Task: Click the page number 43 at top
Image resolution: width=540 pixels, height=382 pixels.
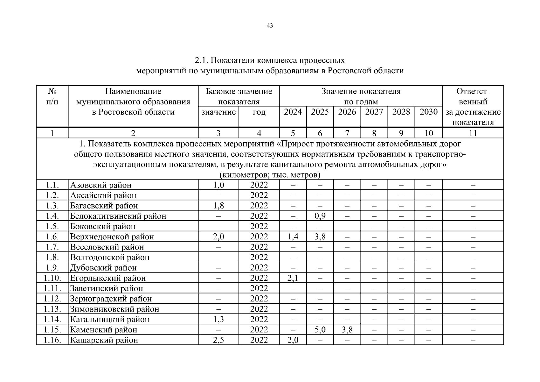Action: [270, 26]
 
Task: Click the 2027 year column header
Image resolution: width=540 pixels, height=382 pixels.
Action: [374, 112]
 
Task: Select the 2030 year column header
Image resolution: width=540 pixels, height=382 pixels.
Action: [428, 112]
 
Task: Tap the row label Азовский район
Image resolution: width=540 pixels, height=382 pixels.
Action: [100, 185]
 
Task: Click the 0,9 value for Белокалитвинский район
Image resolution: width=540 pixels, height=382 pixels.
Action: [320, 216]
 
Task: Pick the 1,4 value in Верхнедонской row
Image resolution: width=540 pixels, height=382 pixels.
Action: [293, 237]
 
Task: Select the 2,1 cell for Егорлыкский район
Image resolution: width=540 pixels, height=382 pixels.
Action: [293, 278]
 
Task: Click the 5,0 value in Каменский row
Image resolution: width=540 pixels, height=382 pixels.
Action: [320, 329]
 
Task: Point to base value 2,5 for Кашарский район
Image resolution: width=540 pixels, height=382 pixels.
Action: [218, 340]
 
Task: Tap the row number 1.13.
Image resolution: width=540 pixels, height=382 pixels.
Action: [52, 309]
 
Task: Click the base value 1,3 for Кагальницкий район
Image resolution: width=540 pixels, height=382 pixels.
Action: [218, 319]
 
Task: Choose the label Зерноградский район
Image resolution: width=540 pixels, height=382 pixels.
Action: [111, 299]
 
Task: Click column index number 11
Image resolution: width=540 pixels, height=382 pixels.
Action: [473, 133]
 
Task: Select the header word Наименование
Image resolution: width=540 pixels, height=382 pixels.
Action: [133, 92]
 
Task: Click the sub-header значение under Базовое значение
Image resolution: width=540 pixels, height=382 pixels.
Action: [218, 112]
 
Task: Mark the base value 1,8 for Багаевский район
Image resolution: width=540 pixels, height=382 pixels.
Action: [218, 206]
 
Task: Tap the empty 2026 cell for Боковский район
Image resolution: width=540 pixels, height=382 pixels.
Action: [347, 226]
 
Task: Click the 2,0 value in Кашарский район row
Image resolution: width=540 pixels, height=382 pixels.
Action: [293, 340]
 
